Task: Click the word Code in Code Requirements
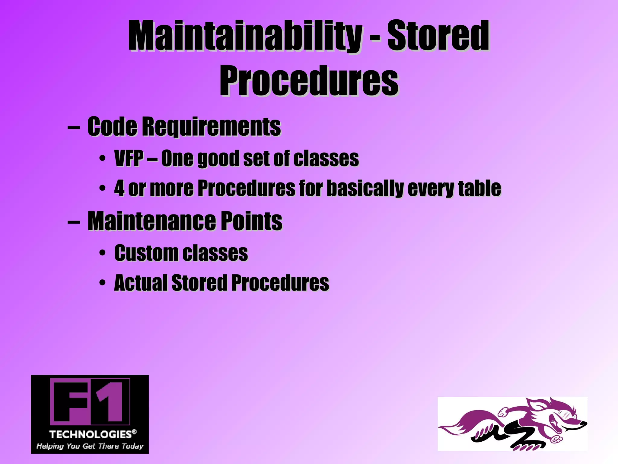click(112, 126)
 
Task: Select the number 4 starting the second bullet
click(119, 188)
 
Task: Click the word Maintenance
click(151, 221)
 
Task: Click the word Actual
click(140, 283)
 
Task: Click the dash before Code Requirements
click(74, 127)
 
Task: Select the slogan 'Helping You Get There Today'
click(90, 446)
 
